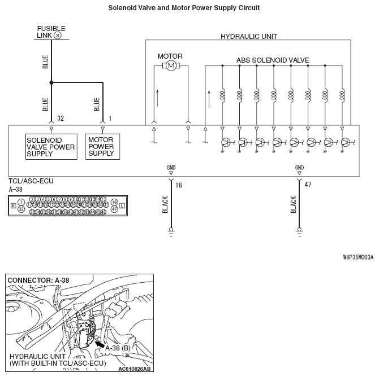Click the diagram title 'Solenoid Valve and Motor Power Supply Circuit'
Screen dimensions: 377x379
point(184,8)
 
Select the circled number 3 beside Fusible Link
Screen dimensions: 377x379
point(57,35)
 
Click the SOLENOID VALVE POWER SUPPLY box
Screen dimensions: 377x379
point(51,146)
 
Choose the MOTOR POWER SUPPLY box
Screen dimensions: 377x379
point(102,146)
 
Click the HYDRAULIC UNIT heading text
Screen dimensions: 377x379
point(248,37)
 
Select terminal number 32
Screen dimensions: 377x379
point(60,119)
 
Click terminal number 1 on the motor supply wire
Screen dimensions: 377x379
point(110,119)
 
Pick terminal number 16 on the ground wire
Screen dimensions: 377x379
point(179,185)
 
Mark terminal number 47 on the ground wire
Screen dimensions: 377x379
point(308,185)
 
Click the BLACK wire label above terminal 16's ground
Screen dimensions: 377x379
point(165,205)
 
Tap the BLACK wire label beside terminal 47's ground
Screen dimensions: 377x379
point(294,205)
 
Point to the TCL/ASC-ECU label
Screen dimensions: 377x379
point(31,182)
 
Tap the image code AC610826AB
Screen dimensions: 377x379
point(135,369)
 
